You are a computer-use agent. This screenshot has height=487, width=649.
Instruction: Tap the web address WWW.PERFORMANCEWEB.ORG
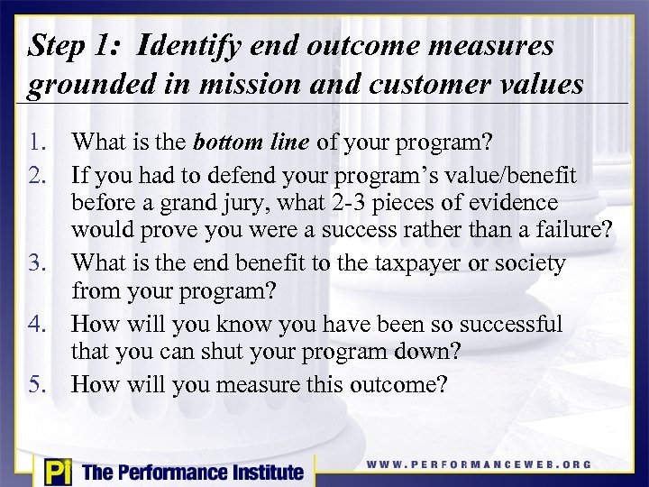coord(479,464)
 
